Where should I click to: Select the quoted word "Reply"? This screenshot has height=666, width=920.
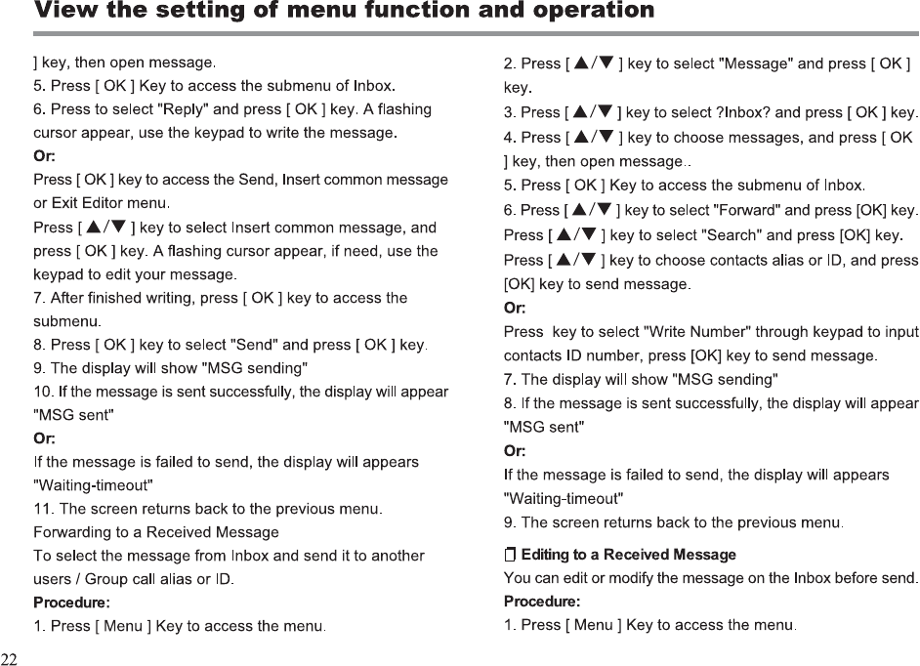pos(183,108)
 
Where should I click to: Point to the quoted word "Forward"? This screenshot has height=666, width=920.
pos(744,210)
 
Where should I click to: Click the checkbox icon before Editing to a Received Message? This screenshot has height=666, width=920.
pos(510,555)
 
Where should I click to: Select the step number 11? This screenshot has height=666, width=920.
pos(43,509)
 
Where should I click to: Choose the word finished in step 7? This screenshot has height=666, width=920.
pos(112,297)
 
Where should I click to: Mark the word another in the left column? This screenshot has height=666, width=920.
pos(396,556)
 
